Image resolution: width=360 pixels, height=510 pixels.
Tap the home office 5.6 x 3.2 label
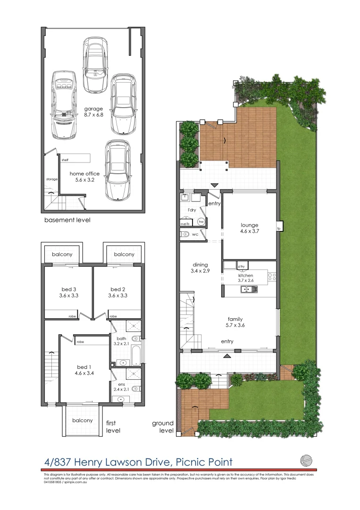coord(84,177)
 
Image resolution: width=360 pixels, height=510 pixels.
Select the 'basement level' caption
coord(67,220)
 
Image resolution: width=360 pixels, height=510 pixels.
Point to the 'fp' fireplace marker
coord(279,229)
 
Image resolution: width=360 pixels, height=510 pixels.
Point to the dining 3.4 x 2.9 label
coord(200,268)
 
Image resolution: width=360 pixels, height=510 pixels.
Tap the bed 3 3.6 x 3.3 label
coord(68,292)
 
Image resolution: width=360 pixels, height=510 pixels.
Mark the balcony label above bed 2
coord(124,254)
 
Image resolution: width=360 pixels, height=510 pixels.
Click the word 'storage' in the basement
coord(51,179)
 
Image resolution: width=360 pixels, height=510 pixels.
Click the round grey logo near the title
coord(306,459)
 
